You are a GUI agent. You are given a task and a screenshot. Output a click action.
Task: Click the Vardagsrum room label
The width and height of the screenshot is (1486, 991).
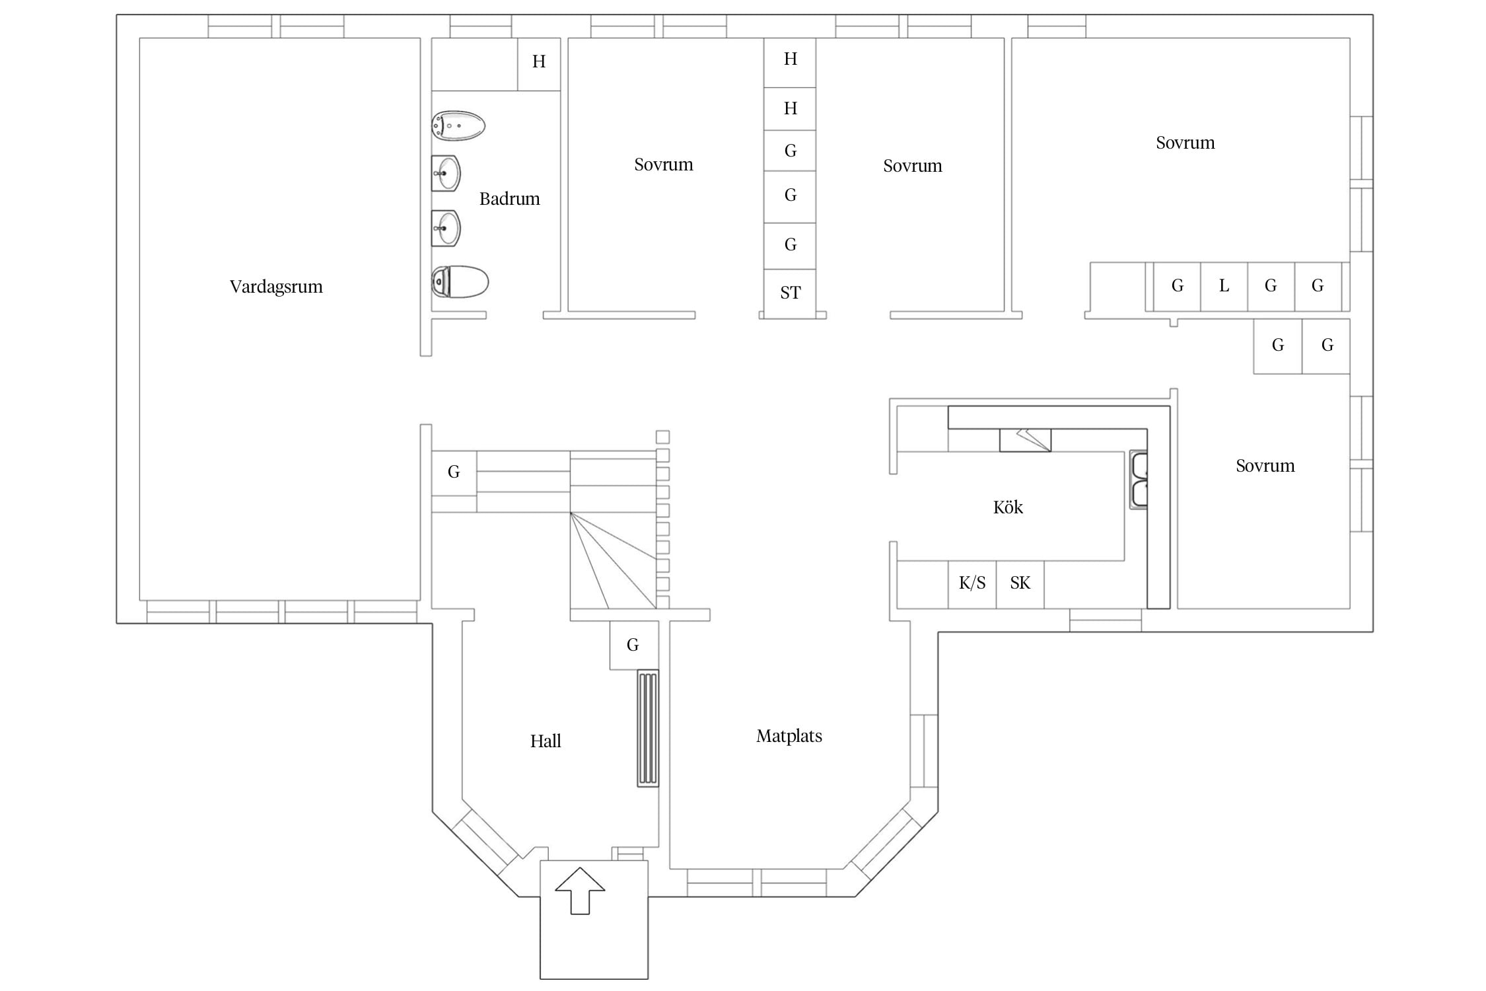tap(276, 287)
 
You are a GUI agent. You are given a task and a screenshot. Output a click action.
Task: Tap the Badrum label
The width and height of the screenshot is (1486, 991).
tap(509, 199)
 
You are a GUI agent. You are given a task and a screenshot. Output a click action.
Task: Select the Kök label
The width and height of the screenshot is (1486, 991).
tap(1008, 507)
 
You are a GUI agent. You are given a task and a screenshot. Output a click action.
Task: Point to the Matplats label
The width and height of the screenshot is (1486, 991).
tap(789, 736)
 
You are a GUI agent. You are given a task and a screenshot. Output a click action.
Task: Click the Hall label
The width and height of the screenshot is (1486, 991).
tap(546, 741)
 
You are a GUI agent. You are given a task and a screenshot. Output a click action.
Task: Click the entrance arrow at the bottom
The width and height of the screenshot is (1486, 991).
tap(580, 891)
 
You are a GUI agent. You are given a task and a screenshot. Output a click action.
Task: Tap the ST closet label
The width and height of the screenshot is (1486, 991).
tap(790, 293)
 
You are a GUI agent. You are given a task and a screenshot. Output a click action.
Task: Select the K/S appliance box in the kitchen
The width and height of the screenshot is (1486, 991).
tap(972, 584)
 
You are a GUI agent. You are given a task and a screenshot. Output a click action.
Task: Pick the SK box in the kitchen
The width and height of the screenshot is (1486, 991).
tap(1020, 584)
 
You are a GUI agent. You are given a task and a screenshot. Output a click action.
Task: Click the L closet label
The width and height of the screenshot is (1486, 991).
tap(1224, 285)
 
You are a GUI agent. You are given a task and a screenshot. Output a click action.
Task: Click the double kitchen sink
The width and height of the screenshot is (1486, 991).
tap(1139, 480)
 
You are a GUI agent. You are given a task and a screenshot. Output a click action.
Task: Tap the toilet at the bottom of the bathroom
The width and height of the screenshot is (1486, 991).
tap(460, 282)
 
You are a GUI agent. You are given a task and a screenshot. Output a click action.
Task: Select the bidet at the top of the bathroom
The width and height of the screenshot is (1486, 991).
tap(458, 126)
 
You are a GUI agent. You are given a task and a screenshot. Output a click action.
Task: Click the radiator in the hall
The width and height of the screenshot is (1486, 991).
tap(648, 728)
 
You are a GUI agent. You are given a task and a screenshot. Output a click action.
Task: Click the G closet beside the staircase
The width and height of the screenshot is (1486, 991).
tap(454, 473)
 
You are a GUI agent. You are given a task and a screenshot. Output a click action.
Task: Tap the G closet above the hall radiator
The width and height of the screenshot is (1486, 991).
tap(633, 645)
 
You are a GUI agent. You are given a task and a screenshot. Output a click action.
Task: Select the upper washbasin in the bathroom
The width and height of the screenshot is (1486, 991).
tap(446, 173)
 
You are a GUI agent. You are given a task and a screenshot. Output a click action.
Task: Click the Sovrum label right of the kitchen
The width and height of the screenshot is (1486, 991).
tap(1265, 466)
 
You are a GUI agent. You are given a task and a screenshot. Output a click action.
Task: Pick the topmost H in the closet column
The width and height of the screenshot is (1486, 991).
tap(790, 59)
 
